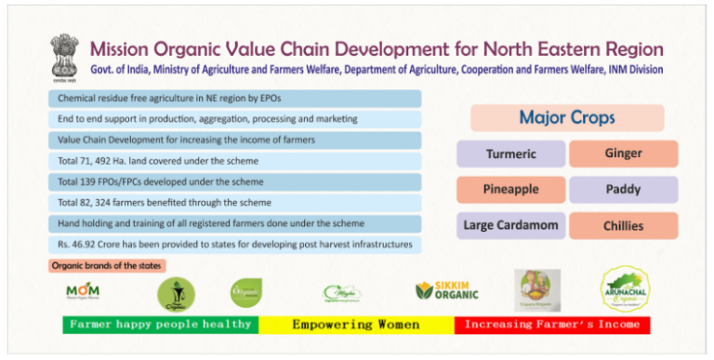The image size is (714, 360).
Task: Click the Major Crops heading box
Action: [x=567, y=118]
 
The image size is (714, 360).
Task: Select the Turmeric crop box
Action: [x=510, y=153]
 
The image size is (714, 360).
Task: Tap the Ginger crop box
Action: [x=623, y=153]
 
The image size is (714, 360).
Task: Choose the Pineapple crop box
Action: [x=510, y=190]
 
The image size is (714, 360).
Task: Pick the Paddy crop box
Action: [x=623, y=190]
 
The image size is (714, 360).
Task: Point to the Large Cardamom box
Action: [x=510, y=226]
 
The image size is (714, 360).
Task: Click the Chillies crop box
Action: [x=623, y=226]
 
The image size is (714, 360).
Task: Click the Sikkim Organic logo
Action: [x=447, y=290]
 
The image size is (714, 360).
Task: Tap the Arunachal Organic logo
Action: [x=631, y=289]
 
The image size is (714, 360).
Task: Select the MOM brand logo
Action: [x=83, y=292]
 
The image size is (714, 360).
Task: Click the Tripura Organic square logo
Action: [x=537, y=290]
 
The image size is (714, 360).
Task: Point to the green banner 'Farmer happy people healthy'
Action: [x=160, y=325]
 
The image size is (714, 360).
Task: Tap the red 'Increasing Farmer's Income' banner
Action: [x=552, y=325]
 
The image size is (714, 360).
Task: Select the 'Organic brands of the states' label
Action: [x=107, y=266]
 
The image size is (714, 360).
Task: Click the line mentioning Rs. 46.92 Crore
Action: [x=235, y=245]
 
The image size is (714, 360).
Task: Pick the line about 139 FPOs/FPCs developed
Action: [x=235, y=180]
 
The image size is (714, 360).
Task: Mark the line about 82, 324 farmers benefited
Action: [x=235, y=202]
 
